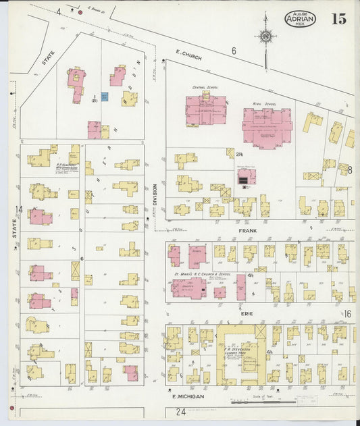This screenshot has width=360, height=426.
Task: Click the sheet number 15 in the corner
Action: pyautogui.click(x=339, y=18)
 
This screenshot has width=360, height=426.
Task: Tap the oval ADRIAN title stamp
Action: pyautogui.click(x=300, y=19)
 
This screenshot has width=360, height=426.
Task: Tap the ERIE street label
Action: pyautogui.click(x=244, y=313)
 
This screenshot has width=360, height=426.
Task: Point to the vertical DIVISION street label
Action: pyautogui.click(x=155, y=195)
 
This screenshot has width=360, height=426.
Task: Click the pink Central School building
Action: pyautogui.click(x=206, y=110)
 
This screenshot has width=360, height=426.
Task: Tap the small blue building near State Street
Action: pyautogui.click(x=105, y=97)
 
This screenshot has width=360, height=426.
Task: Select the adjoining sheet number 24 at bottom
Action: pyautogui.click(x=180, y=411)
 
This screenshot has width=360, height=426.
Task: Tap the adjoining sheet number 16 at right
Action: pyautogui.click(x=348, y=314)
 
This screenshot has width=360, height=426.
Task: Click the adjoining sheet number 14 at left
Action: pyautogui.click(x=19, y=210)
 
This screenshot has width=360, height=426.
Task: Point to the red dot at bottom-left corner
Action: pyautogui.click(x=11, y=409)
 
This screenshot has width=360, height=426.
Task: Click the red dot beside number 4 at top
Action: pyautogui.click(x=80, y=12)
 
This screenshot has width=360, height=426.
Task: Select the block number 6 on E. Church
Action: pyautogui.click(x=234, y=51)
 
